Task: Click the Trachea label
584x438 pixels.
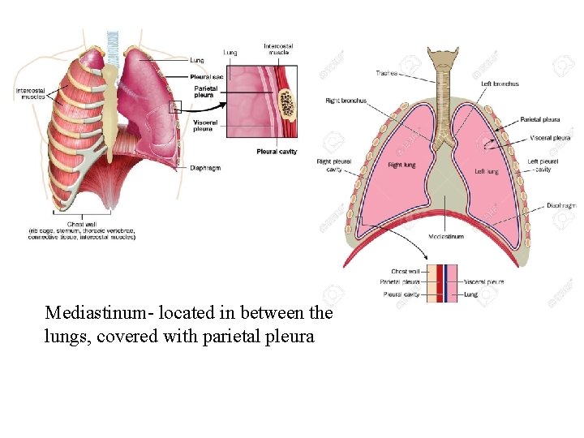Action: [386, 73]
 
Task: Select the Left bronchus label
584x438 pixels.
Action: [500, 84]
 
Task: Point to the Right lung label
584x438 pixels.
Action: [401, 165]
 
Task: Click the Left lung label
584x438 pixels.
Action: [487, 171]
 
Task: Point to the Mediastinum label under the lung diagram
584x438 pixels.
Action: [446, 237]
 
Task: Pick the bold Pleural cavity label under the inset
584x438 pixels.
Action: [277, 152]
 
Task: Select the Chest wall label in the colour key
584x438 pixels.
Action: [405, 272]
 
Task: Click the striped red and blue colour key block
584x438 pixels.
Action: [444, 283]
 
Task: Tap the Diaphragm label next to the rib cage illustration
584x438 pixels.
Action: [205, 168]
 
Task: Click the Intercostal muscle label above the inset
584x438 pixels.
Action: [278, 49]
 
